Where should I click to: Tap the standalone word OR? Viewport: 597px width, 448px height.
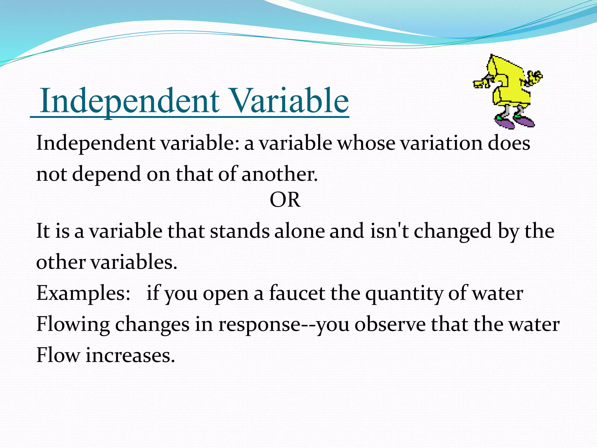tap(285, 200)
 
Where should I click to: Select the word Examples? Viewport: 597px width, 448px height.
tap(83, 293)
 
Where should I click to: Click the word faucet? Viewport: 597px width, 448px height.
tap(297, 293)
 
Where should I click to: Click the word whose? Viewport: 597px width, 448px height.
tap(366, 143)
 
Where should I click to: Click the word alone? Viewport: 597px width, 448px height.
tap(299, 231)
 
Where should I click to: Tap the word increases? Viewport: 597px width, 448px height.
tap(130, 356)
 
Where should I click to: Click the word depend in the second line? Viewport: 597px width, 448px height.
tap(106, 175)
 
